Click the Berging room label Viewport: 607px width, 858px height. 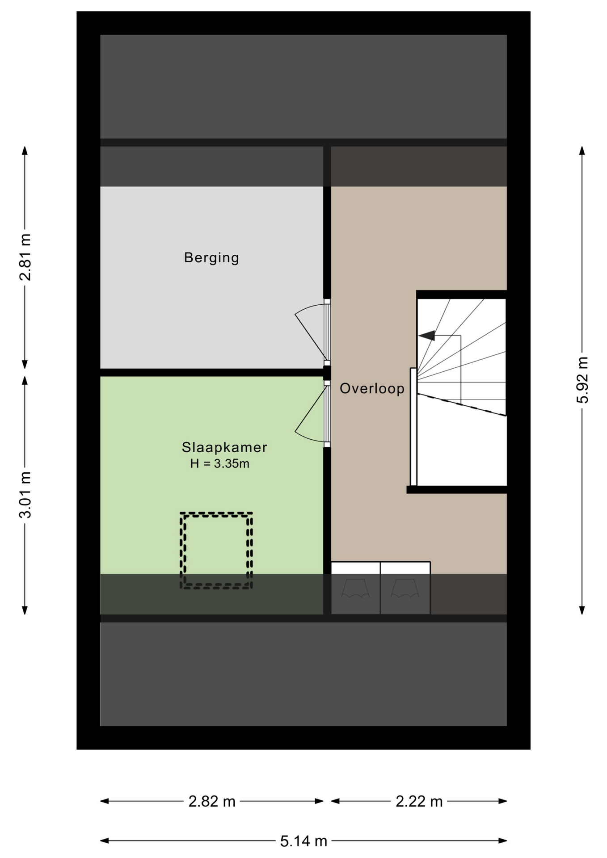click(211, 258)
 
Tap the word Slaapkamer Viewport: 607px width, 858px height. click(224, 447)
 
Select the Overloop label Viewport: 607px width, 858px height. click(372, 389)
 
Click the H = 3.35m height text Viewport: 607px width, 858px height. click(219, 464)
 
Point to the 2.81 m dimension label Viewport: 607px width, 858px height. click(25, 257)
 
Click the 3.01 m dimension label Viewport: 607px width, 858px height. click(25, 495)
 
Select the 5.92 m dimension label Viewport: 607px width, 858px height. click(582, 380)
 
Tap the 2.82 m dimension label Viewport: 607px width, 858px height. click(212, 802)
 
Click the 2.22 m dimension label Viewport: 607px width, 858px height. click(419, 802)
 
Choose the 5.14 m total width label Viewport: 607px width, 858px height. click(303, 841)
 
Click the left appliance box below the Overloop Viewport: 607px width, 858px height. click(356, 588)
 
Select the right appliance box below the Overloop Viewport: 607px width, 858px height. click(405, 588)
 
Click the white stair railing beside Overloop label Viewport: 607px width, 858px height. click(413, 427)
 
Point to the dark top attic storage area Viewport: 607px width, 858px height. click(303, 87)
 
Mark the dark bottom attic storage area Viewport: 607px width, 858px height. click(303, 674)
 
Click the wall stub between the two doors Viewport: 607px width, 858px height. click(327, 373)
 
